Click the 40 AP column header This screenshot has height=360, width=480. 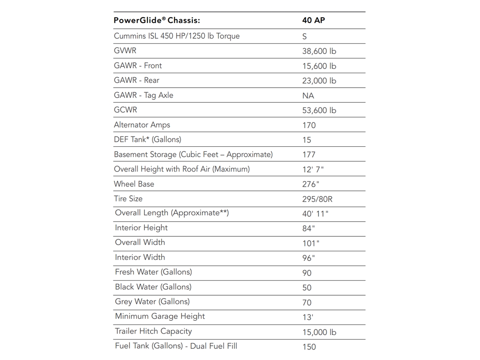coord(314,20)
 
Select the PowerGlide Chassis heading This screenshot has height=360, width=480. coord(157,20)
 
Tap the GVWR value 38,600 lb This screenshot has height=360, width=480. coord(319,51)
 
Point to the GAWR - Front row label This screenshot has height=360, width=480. coord(138,66)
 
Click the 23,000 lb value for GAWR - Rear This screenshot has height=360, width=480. coord(319,81)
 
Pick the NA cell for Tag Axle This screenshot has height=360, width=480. coord(308,96)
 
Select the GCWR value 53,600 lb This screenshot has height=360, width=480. coord(319,110)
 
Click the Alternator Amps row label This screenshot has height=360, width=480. coord(142,125)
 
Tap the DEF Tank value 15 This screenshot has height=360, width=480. coord(306,140)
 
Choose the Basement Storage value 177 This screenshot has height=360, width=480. coord(308,155)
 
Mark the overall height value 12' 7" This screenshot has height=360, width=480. coord(313,170)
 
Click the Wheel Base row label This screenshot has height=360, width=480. coord(134,184)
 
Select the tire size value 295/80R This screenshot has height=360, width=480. coord(317,199)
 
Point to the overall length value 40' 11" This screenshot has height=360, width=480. coord(315,214)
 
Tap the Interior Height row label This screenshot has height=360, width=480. coord(141,228)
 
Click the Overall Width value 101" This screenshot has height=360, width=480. coord(311,243)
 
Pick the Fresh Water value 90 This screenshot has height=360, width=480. coord(306,273)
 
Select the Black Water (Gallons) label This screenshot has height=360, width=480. coord(153,287)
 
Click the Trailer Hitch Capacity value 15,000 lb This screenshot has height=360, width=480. coord(319,332)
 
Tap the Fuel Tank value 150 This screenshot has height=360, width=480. coord(309,347)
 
